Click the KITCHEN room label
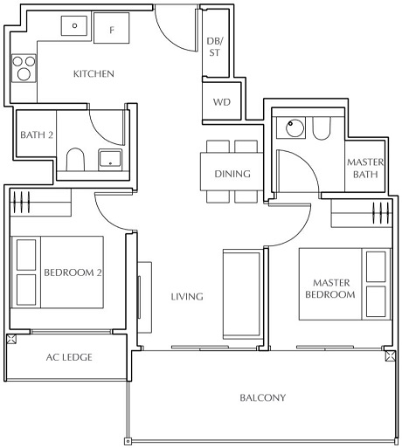pyautogui.click(x=94, y=74)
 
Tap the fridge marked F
pyautogui.click(x=112, y=30)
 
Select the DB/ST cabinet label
pyautogui.click(x=213, y=46)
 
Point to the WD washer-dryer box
pyautogui.click(x=221, y=102)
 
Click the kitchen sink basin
pyautogui.click(x=74, y=26)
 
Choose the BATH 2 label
pyautogui.click(x=37, y=134)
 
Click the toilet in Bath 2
pyautogui.click(x=75, y=161)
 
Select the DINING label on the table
pyautogui.click(x=232, y=174)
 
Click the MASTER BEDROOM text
pyautogui.click(x=330, y=288)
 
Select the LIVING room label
pyautogui.click(x=187, y=297)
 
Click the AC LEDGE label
pyautogui.click(x=69, y=357)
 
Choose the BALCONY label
pyautogui.click(x=262, y=398)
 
